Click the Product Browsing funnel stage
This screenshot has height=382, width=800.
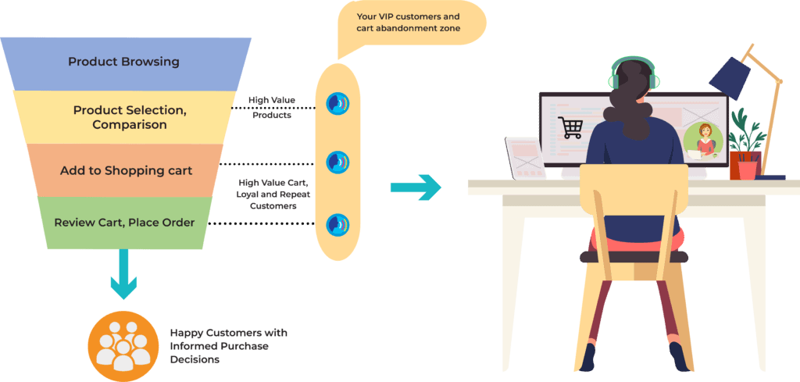(x=123, y=62)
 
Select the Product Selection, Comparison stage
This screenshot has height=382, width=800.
(x=130, y=117)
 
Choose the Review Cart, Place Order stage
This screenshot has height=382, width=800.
(x=124, y=223)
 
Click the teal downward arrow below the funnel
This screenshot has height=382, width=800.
(x=123, y=274)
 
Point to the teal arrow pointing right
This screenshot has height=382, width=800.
(x=415, y=187)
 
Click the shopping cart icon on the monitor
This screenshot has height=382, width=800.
(x=570, y=127)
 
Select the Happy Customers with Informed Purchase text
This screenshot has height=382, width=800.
(x=228, y=346)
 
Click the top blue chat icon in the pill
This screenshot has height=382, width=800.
(x=337, y=103)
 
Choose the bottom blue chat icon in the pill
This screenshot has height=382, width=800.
(x=337, y=225)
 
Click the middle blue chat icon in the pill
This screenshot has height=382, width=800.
(x=337, y=162)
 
